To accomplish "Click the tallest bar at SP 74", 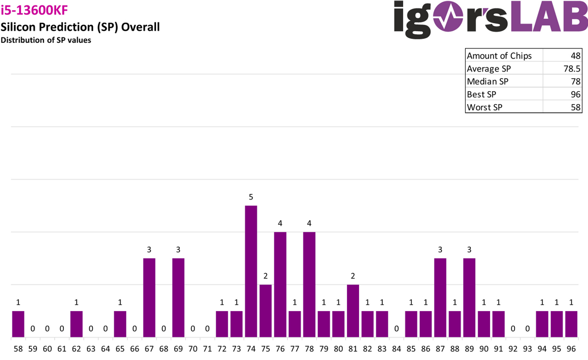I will point(251,271).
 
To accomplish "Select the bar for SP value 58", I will point(18,324).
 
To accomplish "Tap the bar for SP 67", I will point(149,298).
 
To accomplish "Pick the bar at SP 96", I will point(571,324).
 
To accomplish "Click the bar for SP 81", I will point(353,311).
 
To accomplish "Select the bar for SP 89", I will point(469,298).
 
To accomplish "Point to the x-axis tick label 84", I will point(396,349).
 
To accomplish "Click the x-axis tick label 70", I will point(193,349).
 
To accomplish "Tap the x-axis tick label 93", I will point(528,349).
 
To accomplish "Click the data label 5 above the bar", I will point(251,197).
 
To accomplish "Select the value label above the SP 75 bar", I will point(265,276).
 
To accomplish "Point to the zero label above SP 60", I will point(47,329).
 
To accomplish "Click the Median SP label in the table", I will point(487,82).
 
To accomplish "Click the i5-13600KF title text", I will point(34,10).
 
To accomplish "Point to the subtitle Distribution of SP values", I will point(46,40).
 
